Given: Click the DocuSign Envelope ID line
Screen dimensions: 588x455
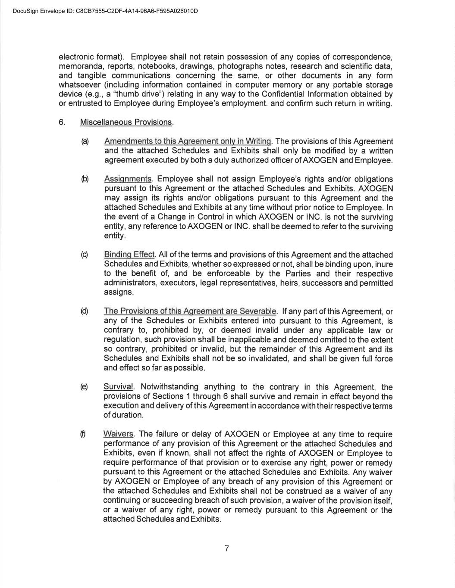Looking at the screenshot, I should pyautogui.click(x=105, y=11).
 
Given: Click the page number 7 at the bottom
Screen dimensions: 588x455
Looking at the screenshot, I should pyautogui.click(x=227, y=548).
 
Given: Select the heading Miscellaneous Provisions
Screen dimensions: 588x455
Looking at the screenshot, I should pyautogui.click(x=126, y=122).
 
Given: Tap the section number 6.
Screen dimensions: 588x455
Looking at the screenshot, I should pyautogui.click(x=62, y=122).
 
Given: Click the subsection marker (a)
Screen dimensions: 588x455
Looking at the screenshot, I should pyautogui.click(x=85, y=141).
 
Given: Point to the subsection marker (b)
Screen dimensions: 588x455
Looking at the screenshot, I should pyautogui.click(x=85, y=179).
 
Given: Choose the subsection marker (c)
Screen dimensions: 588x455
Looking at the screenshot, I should pyautogui.click(x=85, y=255).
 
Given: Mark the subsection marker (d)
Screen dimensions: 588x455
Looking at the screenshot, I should pyautogui.click(x=85, y=311).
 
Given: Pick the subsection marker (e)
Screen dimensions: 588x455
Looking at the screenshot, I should pyautogui.click(x=84, y=387).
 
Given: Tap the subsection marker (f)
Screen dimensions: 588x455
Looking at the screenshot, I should pyautogui.click(x=83, y=435).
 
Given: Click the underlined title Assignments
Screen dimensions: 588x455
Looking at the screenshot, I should pyautogui.click(x=128, y=179).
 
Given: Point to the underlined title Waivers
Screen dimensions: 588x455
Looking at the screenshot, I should pyautogui.click(x=119, y=435).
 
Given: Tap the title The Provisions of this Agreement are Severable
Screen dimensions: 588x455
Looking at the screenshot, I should pyautogui.click(x=190, y=311).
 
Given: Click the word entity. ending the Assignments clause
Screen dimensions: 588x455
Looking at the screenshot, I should pyautogui.click(x=115, y=236).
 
